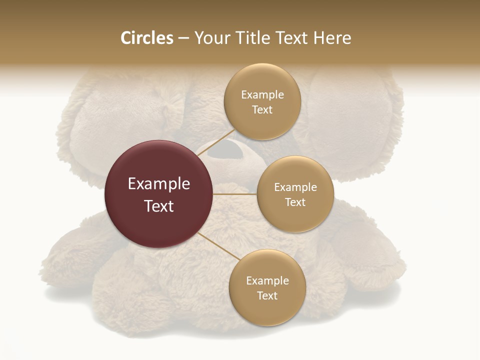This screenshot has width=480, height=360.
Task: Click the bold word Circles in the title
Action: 146,38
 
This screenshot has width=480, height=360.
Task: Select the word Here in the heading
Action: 332,38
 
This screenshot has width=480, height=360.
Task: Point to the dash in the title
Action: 183,38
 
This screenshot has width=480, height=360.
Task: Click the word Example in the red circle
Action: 158,184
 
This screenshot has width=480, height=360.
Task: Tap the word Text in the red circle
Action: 158,206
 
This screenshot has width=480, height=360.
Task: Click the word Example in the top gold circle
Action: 262,94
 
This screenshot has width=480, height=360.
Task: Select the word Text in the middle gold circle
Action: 295,202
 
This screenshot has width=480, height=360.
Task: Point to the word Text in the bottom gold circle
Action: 267,295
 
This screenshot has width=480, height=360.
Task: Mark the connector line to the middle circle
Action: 235,194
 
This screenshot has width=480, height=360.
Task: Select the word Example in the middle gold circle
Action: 295,187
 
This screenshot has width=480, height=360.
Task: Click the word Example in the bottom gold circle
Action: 267,280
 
